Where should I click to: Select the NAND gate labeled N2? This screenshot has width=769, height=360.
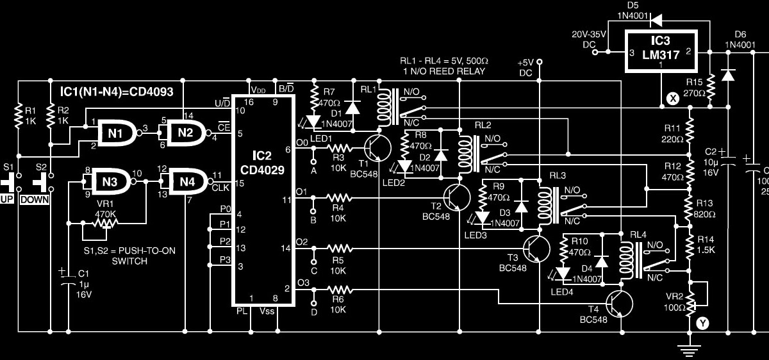186,133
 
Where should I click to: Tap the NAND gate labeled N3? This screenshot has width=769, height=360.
110,182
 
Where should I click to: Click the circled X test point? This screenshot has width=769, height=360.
672,99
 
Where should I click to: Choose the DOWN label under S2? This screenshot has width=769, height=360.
35,199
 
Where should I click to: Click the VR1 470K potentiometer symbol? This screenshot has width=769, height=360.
102,224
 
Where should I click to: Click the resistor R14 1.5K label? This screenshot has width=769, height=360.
705,245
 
